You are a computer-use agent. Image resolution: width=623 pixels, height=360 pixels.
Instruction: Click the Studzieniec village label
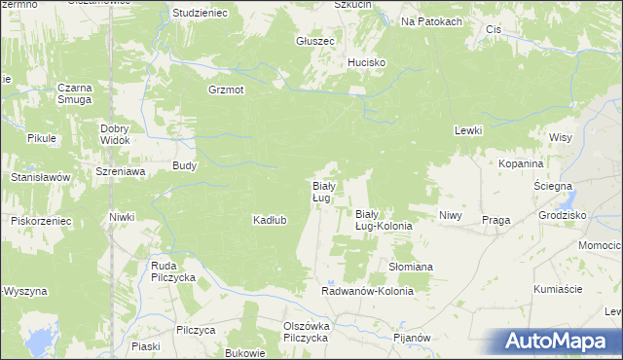(199, 14)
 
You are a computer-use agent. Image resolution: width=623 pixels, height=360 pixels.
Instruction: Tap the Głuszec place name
(315, 42)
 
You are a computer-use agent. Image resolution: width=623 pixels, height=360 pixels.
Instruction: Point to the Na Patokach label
(430, 21)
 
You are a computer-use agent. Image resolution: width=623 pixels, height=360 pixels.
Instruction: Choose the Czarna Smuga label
(74, 93)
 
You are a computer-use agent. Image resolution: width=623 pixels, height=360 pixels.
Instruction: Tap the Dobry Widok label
(115, 134)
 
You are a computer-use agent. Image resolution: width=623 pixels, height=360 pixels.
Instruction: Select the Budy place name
(185, 165)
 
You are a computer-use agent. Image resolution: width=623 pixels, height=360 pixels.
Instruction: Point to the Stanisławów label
(40, 178)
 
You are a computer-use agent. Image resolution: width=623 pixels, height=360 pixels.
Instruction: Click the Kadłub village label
(270, 220)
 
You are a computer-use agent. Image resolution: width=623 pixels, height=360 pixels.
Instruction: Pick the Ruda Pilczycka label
(173, 271)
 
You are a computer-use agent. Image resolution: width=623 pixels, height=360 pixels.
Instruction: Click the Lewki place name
(468, 130)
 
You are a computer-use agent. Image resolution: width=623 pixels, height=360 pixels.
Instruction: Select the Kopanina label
(520, 165)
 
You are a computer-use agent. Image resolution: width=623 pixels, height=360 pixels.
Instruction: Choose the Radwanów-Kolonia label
(368, 291)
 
